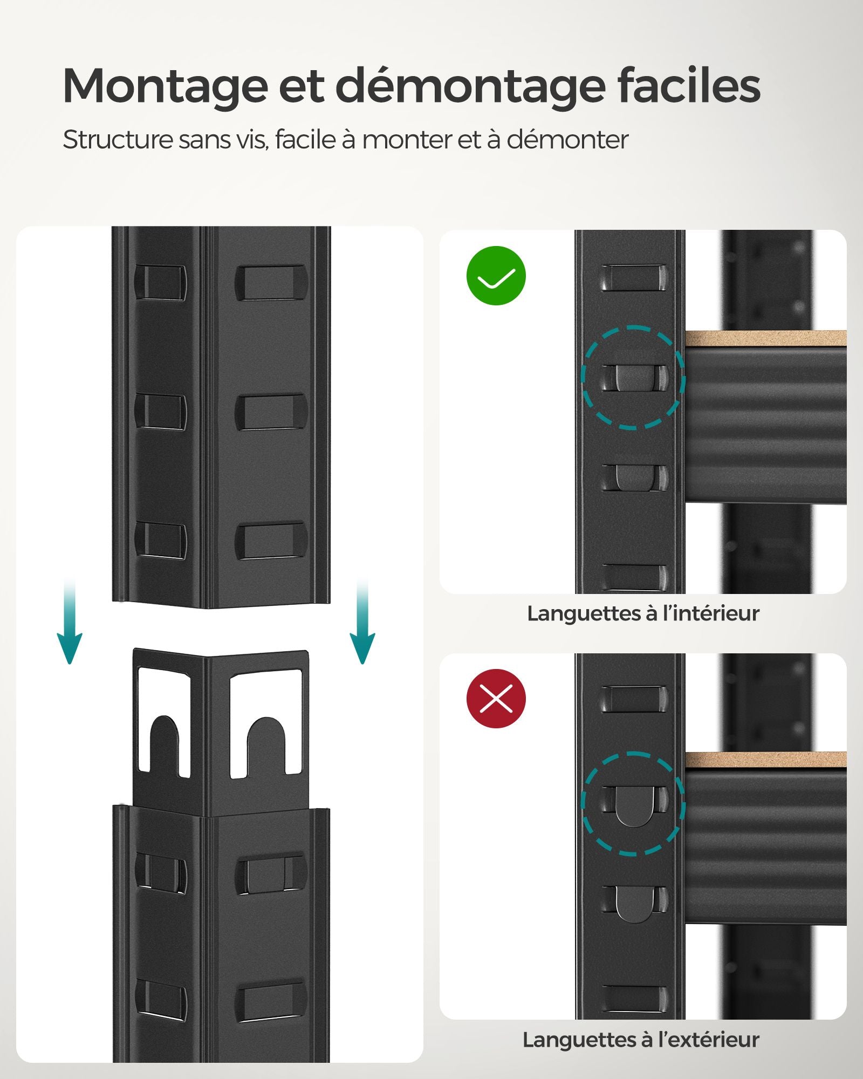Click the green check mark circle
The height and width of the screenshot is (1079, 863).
(496, 276)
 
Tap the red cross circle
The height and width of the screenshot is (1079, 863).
(496, 699)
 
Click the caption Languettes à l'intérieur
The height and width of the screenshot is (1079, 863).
(643, 614)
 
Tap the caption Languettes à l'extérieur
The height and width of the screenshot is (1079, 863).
(641, 1040)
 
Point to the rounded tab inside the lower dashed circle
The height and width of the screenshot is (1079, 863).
(634, 804)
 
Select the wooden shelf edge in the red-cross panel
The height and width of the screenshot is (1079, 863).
(765, 760)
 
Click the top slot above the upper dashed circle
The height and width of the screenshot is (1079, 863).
(633, 277)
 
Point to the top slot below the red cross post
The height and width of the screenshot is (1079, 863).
(633, 699)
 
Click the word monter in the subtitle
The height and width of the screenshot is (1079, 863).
(406, 140)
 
